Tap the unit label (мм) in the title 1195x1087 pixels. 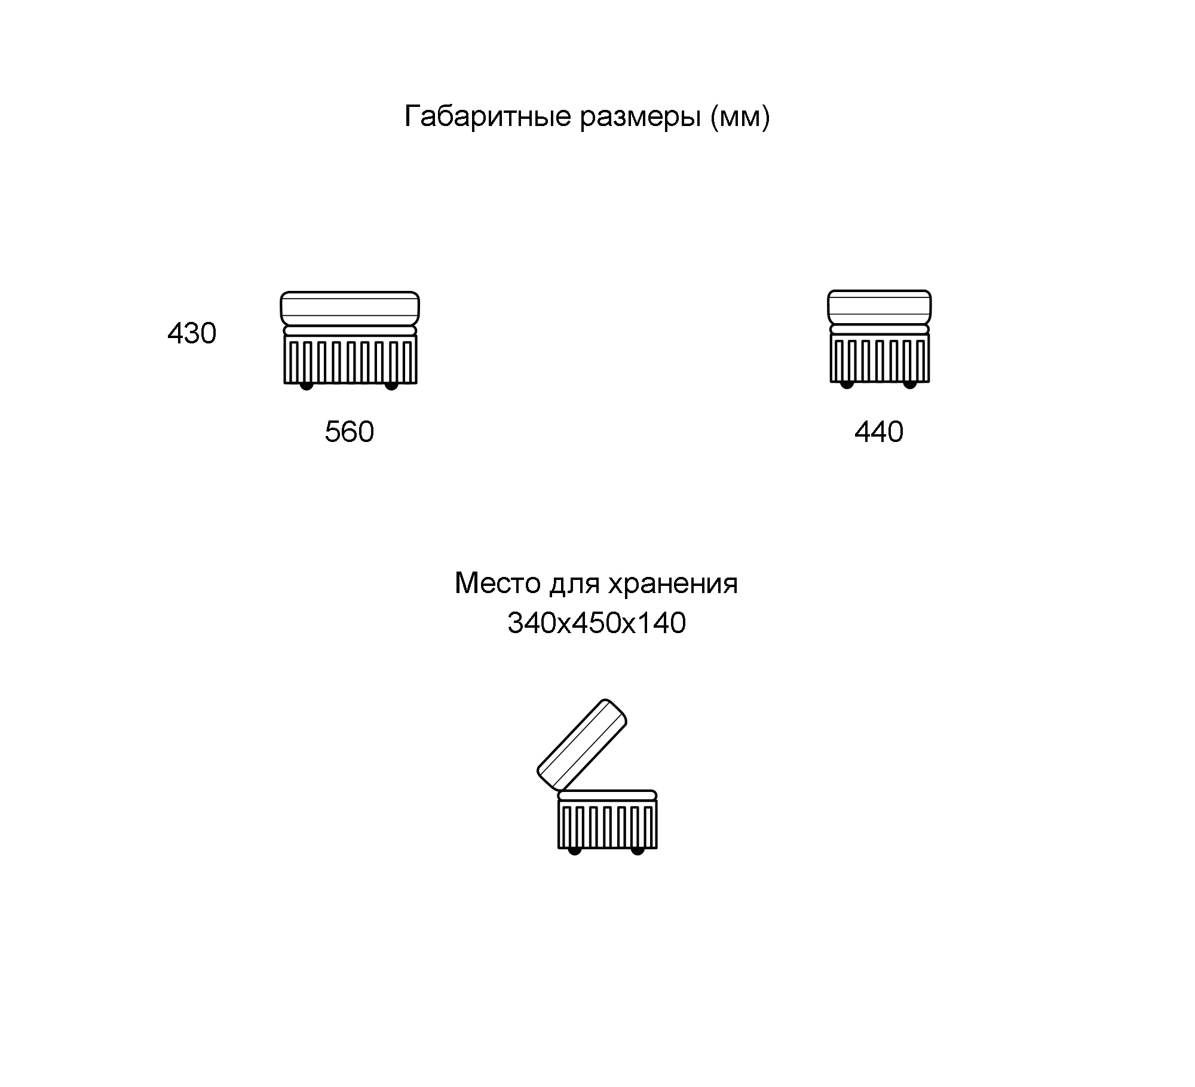click(740, 117)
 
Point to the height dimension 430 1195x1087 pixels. click(192, 333)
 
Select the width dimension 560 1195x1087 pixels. click(350, 431)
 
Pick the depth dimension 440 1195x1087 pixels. click(879, 431)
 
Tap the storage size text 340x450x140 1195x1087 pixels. click(597, 623)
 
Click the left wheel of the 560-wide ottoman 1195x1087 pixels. click(307, 385)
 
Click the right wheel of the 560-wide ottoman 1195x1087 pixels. click(391, 385)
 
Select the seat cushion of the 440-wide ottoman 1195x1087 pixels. click(879, 307)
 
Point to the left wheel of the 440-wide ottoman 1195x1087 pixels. click(847, 384)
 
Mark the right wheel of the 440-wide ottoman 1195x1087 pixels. click(910, 384)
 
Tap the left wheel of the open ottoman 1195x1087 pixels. click(575, 850)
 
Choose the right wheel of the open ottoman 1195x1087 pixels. click(638, 850)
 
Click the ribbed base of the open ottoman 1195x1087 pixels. click(608, 824)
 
